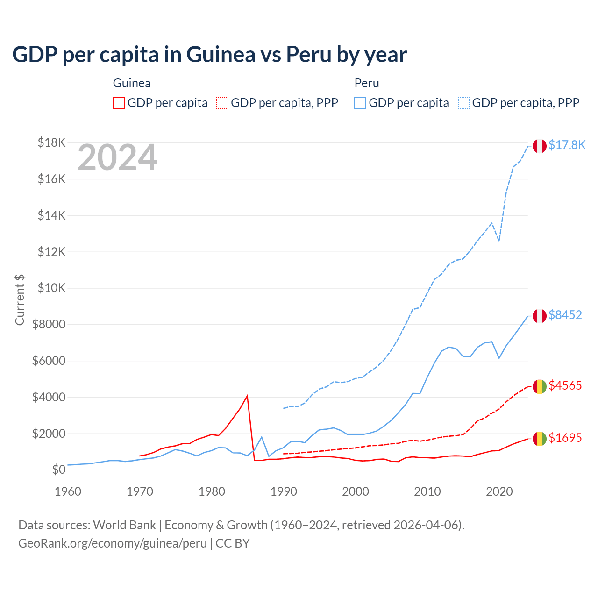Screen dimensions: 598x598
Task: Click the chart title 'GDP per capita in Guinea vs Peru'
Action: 209,55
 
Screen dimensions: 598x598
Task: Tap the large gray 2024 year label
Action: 117,158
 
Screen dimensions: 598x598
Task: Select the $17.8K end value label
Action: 567,145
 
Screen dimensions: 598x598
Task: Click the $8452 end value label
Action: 565,315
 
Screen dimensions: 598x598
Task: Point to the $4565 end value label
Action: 565,386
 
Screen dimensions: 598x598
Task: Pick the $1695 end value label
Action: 565,438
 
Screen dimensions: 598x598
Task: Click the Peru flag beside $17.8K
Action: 540,146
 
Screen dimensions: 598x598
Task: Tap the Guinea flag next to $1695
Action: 540,439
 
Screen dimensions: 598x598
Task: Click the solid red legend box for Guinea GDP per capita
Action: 119,103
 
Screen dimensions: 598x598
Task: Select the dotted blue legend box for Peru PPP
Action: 464,103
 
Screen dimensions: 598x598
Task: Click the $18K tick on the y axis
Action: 51,143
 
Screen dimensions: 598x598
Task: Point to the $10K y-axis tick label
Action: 51,288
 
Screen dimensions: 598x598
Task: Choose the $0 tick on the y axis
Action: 58,470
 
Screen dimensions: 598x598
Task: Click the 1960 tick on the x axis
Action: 68,491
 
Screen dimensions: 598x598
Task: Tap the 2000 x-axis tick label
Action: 356,491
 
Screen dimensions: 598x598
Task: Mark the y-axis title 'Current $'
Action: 20,300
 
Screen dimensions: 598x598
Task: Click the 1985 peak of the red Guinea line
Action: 247,396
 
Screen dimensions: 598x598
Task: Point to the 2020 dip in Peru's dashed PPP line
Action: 499,241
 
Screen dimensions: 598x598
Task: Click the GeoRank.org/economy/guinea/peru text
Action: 113,543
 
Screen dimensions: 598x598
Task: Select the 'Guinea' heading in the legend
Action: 132,84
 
